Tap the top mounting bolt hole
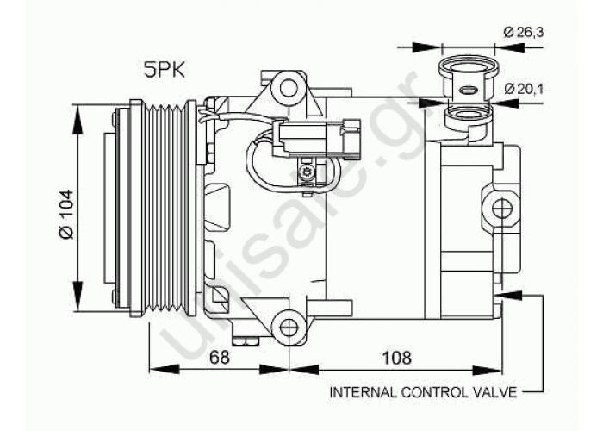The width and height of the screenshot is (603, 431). [289, 87]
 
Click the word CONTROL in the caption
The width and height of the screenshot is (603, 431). [428, 392]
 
